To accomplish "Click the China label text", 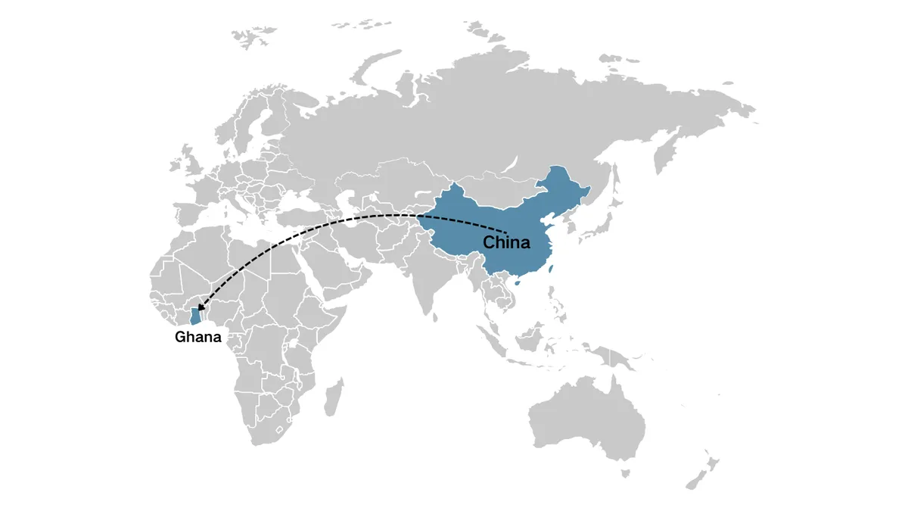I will (506, 243).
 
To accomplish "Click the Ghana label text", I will (198, 337).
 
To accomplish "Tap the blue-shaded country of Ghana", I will (195, 316).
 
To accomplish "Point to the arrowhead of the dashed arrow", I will (199, 307).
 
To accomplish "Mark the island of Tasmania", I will (625, 473).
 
